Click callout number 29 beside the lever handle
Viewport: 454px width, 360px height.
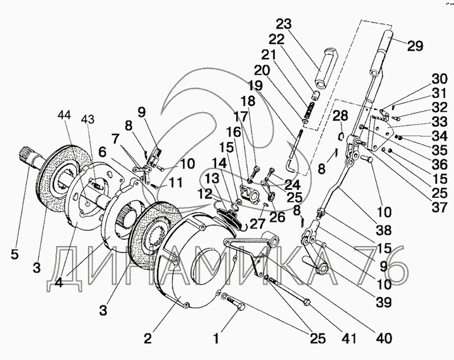pyautogui.click(x=415, y=46)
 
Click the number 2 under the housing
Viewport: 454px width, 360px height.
pyautogui.click(x=148, y=339)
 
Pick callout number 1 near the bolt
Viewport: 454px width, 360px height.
pyautogui.click(x=216, y=339)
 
